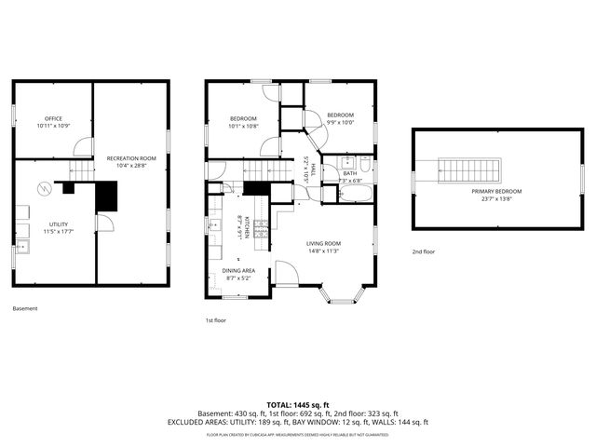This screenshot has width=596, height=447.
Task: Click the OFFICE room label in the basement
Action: click(53, 119)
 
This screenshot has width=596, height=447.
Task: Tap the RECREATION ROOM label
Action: click(130, 158)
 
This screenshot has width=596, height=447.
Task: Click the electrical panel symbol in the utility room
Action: click(44, 189)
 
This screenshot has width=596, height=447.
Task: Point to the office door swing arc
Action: click(83, 147)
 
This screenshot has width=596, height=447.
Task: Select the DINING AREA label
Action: click(238, 270)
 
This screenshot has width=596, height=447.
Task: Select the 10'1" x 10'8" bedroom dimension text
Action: click(243, 126)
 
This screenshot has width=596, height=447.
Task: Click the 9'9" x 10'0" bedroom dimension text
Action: click(340, 122)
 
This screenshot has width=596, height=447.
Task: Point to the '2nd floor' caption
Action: click(424, 251)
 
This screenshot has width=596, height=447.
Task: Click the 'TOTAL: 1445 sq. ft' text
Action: click(298, 404)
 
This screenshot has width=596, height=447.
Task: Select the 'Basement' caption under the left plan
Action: click(25, 308)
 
